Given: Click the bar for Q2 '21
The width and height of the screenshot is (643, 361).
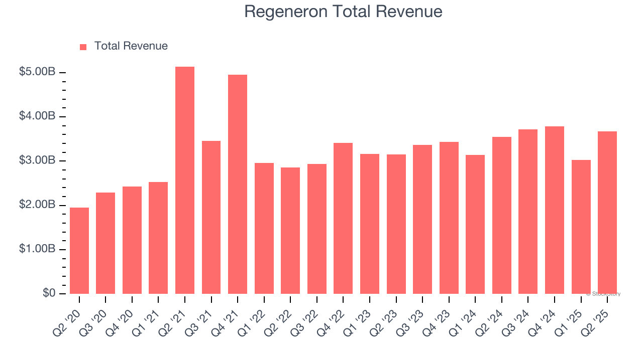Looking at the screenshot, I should coord(185,180).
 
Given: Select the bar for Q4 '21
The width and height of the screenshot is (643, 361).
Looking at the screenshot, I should coord(238,185).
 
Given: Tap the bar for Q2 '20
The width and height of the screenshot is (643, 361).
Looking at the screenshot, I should coord(79,251).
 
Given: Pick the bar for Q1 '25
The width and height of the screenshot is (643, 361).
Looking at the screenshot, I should coord(581,227).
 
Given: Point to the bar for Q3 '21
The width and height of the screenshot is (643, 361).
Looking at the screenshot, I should coord(211,218).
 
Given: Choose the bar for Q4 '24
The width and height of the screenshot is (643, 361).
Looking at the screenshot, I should coord(555,210).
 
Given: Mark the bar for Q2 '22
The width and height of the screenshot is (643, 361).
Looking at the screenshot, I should coord(290,231).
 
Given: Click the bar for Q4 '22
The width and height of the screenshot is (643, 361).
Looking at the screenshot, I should coord(343,219).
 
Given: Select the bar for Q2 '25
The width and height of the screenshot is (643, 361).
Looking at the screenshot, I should coord(607,213).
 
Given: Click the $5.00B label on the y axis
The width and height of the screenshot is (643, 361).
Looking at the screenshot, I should coord(37,72).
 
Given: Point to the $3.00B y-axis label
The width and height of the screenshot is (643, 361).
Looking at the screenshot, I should coord(37,161).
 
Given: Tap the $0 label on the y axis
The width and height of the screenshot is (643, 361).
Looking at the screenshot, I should coord(49,293).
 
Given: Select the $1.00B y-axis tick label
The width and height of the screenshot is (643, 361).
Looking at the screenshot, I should coord(37,249).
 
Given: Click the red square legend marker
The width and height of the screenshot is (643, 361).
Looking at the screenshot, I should coord(83,47).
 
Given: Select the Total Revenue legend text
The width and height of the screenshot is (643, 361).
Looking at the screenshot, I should coord(131,46).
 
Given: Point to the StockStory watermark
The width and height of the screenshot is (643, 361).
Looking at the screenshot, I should coord(603,294).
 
